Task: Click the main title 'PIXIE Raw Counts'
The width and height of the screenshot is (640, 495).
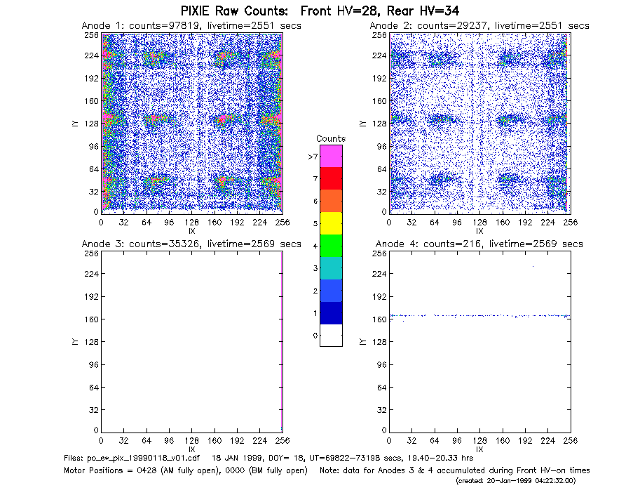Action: pos(234,11)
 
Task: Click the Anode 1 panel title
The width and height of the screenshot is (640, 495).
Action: pos(191,26)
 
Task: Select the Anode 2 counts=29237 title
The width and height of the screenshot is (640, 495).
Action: pos(479,26)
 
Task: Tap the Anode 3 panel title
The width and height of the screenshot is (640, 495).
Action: pos(191,244)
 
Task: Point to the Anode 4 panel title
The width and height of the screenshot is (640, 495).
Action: pos(479,244)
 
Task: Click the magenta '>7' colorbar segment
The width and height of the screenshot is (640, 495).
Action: pos(331,156)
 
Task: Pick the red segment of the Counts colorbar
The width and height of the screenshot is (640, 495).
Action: pos(331,178)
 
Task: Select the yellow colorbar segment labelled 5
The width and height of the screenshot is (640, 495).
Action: pos(331,223)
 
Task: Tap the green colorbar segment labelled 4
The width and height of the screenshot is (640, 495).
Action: pos(331,246)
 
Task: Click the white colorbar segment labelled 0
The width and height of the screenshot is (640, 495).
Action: pos(331,335)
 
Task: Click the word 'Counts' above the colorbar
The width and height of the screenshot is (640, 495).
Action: pos(331,138)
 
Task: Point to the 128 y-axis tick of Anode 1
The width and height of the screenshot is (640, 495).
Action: pos(92,124)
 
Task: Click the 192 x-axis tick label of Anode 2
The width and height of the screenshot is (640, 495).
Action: pos(525,223)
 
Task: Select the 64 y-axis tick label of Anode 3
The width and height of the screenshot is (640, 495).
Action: pos(94,387)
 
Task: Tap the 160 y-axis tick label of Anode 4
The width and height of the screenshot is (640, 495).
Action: pos(380,319)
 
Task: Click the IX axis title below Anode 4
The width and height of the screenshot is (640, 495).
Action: pos(479,449)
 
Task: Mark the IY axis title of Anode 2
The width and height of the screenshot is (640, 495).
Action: pos(362,124)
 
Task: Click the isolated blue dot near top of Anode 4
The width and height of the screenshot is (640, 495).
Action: pos(533,267)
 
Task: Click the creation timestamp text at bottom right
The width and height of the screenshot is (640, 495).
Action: pos(515,481)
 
